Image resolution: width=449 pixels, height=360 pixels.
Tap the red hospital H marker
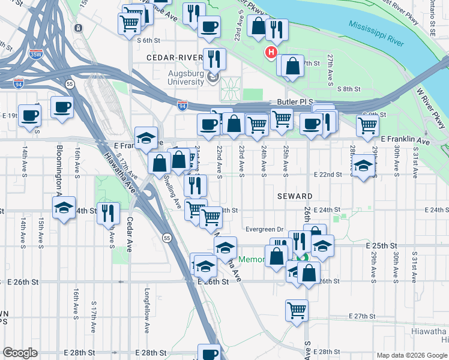[271, 53]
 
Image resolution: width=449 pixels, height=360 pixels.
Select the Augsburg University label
[177, 77]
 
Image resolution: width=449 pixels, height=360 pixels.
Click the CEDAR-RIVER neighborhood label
[173, 58]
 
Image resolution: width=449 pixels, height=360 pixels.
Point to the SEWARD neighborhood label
[295, 196]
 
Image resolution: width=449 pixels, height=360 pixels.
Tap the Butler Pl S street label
[295, 103]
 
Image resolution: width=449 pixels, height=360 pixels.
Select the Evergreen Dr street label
[264, 229]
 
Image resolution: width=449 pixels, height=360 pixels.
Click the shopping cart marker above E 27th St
[297, 311]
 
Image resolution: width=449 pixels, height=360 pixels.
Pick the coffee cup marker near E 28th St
[209, 354]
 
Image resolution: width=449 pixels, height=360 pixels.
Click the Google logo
[20, 353]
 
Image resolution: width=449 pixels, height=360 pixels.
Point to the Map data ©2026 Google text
[411, 355]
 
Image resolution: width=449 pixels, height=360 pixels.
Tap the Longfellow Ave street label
[147, 316]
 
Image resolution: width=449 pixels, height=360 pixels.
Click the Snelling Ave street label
[173, 191]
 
